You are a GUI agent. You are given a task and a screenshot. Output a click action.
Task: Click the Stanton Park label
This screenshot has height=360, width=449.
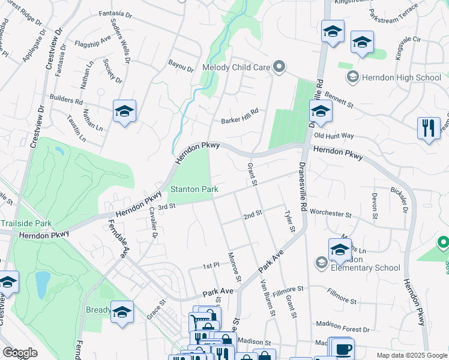coord(193,190)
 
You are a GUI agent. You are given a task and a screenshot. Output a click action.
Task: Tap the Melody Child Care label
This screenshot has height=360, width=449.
coord(237,67)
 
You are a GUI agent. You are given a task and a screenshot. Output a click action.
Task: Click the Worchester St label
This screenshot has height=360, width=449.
coord(330,213)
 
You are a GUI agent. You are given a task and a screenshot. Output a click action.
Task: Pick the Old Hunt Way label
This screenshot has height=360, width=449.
coord(334,136)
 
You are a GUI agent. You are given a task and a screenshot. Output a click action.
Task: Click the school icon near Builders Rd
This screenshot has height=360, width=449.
coord(124,111)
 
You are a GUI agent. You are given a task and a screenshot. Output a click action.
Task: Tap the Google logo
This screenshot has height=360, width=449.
coord(20,353)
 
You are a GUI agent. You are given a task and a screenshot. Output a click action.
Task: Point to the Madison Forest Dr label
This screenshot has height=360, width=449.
coord(342,329)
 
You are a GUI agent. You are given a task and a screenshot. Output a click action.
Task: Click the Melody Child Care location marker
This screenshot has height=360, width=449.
coord(278,67)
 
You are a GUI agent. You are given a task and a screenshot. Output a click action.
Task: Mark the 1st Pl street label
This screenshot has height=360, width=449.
coord(211,266)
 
